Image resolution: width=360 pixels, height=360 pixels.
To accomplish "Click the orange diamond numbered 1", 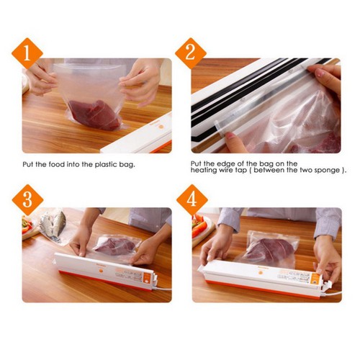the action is (x=27, y=53).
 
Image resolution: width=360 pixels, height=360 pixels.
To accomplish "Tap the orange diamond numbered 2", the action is (x=191, y=53).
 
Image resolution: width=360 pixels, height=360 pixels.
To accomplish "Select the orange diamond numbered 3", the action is (x=27, y=200).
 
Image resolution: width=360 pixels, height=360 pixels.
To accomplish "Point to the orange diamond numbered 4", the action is (x=192, y=200).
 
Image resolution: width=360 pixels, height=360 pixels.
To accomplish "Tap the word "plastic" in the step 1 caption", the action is (x=106, y=165).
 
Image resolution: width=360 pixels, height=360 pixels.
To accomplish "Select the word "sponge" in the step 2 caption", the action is (x=328, y=171).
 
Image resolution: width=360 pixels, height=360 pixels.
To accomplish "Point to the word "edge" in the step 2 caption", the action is (x=225, y=164).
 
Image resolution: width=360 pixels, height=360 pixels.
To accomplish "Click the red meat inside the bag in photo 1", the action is (x=95, y=114).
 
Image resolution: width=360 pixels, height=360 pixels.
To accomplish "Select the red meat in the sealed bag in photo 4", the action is (x=271, y=251).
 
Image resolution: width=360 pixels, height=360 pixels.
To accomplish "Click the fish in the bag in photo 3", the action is (x=53, y=225).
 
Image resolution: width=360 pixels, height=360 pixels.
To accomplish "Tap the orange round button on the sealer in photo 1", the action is (x=161, y=127).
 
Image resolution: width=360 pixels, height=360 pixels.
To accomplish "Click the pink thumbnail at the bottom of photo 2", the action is (x=230, y=135).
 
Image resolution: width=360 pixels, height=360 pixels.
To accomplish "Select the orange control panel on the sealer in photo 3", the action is (x=146, y=278).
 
